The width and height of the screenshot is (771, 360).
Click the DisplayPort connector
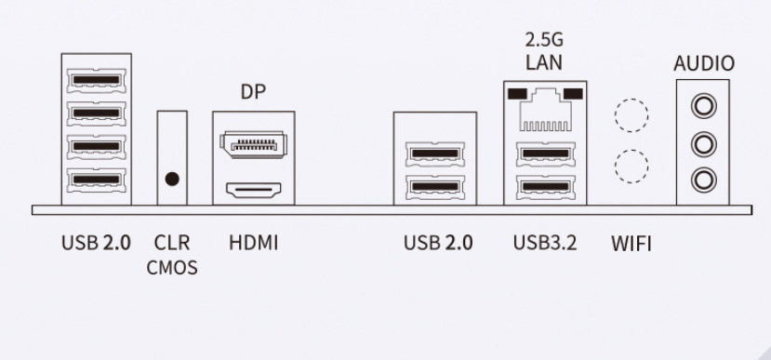click(x=253, y=144)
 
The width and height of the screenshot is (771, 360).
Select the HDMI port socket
click(x=253, y=190)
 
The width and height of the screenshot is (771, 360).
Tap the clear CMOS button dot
click(x=172, y=179)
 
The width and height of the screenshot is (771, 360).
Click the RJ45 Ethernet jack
click(x=545, y=110)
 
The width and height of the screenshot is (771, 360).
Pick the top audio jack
click(x=704, y=106)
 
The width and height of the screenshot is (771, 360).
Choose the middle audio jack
click(x=704, y=144)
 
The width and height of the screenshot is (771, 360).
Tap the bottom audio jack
click(x=704, y=180)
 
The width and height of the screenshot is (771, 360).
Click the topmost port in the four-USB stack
click(x=97, y=80)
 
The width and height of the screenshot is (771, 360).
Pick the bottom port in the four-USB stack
click(x=97, y=180)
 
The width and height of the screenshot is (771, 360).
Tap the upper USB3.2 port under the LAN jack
click(x=546, y=153)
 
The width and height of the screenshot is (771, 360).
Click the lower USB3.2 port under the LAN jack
click(x=546, y=187)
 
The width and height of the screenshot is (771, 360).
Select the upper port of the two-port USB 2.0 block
click(x=435, y=153)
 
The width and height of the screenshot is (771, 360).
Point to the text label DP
click(x=253, y=91)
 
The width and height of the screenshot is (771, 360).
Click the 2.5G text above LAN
click(x=544, y=39)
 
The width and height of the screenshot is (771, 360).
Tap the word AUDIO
click(x=704, y=63)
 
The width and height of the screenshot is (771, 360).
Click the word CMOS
click(x=172, y=268)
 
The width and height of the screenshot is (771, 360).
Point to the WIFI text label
click(x=631, y=244)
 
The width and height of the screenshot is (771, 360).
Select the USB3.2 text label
click(x=545, y=243)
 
